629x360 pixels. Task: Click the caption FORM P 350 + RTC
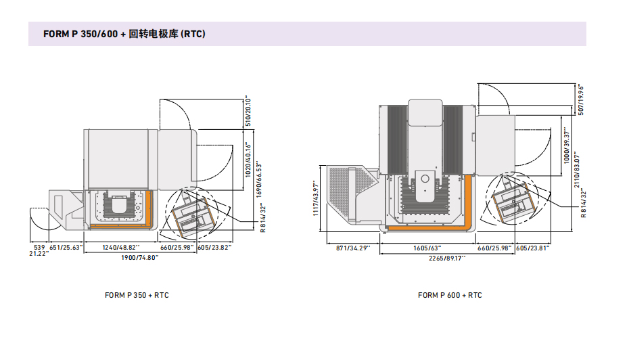[137, 295]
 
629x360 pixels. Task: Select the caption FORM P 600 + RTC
[450, 295]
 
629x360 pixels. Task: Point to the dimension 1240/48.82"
[120, 248]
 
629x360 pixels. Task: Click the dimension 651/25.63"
[66, 248]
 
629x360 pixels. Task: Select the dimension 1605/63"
[425, 248]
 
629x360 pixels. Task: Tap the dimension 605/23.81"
[532, 248]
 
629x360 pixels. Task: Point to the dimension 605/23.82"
[214, 248]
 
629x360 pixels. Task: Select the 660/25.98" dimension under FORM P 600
[493, 248]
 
